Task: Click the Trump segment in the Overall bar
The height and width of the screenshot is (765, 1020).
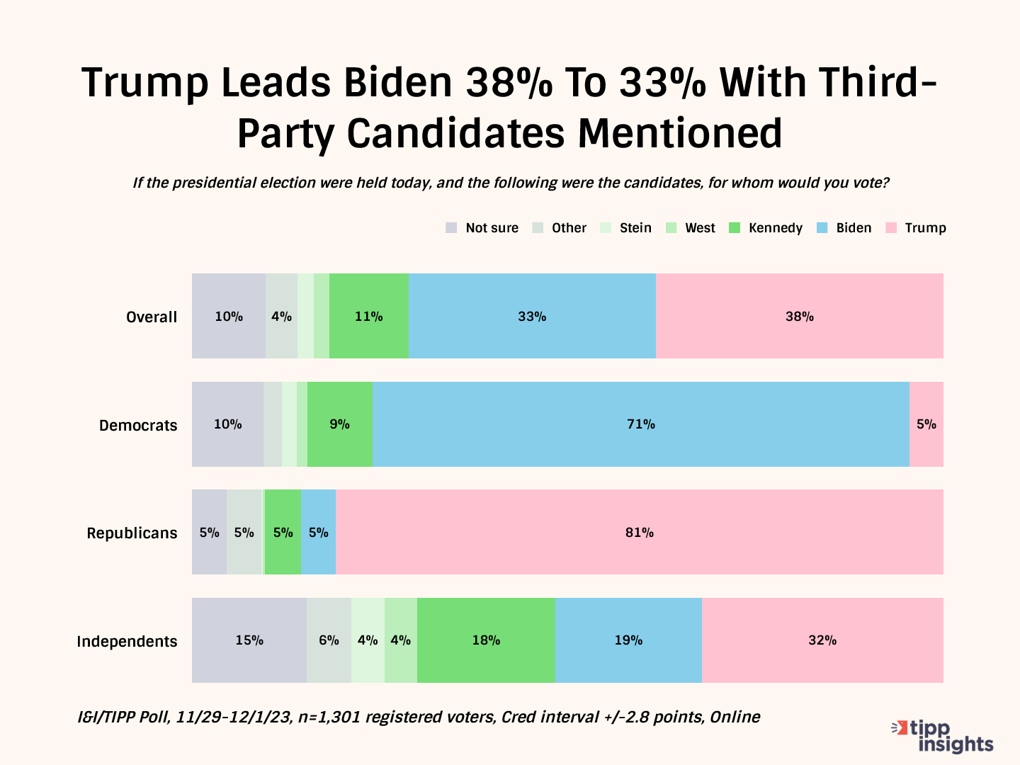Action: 799,316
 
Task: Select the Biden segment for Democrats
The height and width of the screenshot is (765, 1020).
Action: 640,424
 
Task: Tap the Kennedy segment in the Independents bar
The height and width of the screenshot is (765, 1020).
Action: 486,640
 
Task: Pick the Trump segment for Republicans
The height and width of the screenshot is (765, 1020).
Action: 639,532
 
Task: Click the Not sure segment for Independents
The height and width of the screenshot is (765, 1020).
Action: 249,640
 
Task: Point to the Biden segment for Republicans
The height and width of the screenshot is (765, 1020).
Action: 319,532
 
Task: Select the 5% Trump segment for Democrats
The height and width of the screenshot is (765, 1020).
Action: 926,424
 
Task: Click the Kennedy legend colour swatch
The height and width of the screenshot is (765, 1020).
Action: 735,228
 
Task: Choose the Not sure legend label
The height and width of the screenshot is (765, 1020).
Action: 492,228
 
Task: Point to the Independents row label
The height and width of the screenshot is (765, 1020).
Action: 127,642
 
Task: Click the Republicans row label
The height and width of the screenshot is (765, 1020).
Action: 132,533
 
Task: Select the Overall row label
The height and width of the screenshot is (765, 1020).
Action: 152,317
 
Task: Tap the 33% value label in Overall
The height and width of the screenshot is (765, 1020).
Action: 532,317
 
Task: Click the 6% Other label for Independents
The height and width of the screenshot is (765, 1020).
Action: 329,640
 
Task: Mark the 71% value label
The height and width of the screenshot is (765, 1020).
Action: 640,424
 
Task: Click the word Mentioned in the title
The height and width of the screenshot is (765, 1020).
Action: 680,133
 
